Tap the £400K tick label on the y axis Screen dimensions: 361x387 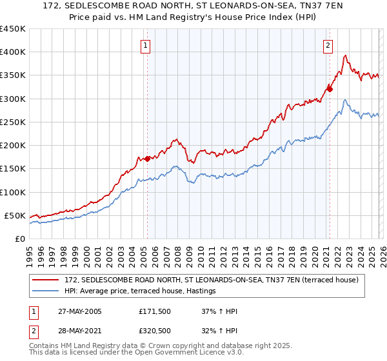pyautogui.click(x=13, y=52)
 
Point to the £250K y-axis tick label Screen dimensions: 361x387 pyautogui.click(x=13, y=122)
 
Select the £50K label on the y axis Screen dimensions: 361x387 pyautogui.click(x=15, y=215)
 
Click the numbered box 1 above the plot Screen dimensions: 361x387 pyautogui.click(x=146, y=45)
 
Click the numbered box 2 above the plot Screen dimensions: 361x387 pyautogui.click(x=328, y=45)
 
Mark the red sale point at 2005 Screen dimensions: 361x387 pyautogui.click(x=147, y=159)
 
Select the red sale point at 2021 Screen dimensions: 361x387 pyautogui.click(x=330, y=89)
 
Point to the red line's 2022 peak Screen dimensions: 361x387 pyautogui.click(x=346, y=55)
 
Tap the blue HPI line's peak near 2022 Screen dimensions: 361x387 pyautogui.click(x=346, y=100)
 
